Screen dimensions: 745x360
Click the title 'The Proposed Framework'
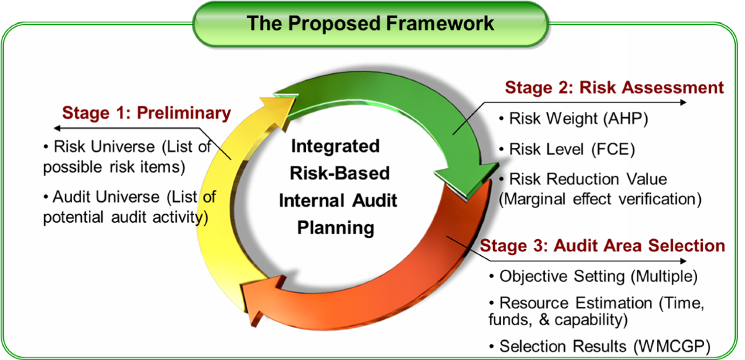[370, 24]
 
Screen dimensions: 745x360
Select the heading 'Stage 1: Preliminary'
[147, 113]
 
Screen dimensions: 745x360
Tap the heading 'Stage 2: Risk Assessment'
[614, 88]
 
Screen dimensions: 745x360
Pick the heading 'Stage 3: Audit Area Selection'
[602, 246]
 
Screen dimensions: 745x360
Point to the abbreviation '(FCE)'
[613, 149]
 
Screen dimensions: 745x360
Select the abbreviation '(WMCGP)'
[672, 347]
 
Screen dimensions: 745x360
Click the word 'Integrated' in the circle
[335, 146]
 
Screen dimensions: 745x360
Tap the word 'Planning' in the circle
[336, 228]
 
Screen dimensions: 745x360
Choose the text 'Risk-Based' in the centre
[340, 173]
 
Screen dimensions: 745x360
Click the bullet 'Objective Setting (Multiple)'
[594, 277]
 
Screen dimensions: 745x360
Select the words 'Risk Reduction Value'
[588, 179]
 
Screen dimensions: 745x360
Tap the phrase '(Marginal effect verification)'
[600, 199]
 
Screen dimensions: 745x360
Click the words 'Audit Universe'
[106, 197]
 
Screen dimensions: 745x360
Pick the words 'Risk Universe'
[104, 146]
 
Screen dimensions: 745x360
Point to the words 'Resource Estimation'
[576, 303]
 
